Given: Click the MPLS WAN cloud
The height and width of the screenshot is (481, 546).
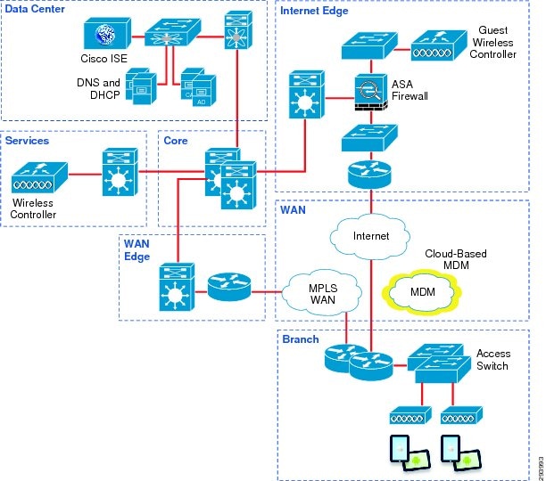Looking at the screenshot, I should click(321, 291).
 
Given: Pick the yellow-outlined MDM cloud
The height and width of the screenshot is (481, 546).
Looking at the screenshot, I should click(423, 291).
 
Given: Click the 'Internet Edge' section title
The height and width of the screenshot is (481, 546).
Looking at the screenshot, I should click(314, 11).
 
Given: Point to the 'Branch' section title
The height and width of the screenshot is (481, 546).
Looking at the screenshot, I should click(300, 339).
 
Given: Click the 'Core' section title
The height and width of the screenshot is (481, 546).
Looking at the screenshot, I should click(175, 141).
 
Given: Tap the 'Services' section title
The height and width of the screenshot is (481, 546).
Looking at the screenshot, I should click(28, 141).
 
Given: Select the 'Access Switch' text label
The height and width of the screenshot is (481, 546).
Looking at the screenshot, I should click(492, 360).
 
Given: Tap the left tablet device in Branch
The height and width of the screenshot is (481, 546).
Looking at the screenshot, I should click(403, 453).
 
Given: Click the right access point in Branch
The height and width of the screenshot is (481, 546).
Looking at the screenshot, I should click(460, 416).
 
